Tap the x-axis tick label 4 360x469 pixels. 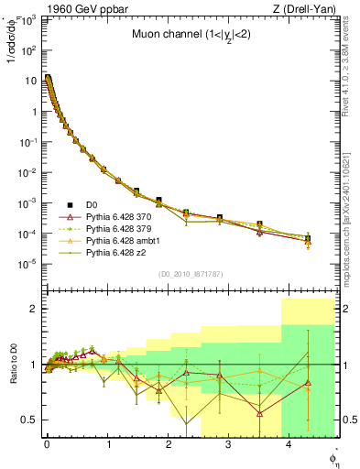tap(289, 444)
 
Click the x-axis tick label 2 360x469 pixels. tap(169, 444)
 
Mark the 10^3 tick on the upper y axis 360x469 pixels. tap(27, 21)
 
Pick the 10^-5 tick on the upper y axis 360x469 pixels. tap(27, 264)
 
